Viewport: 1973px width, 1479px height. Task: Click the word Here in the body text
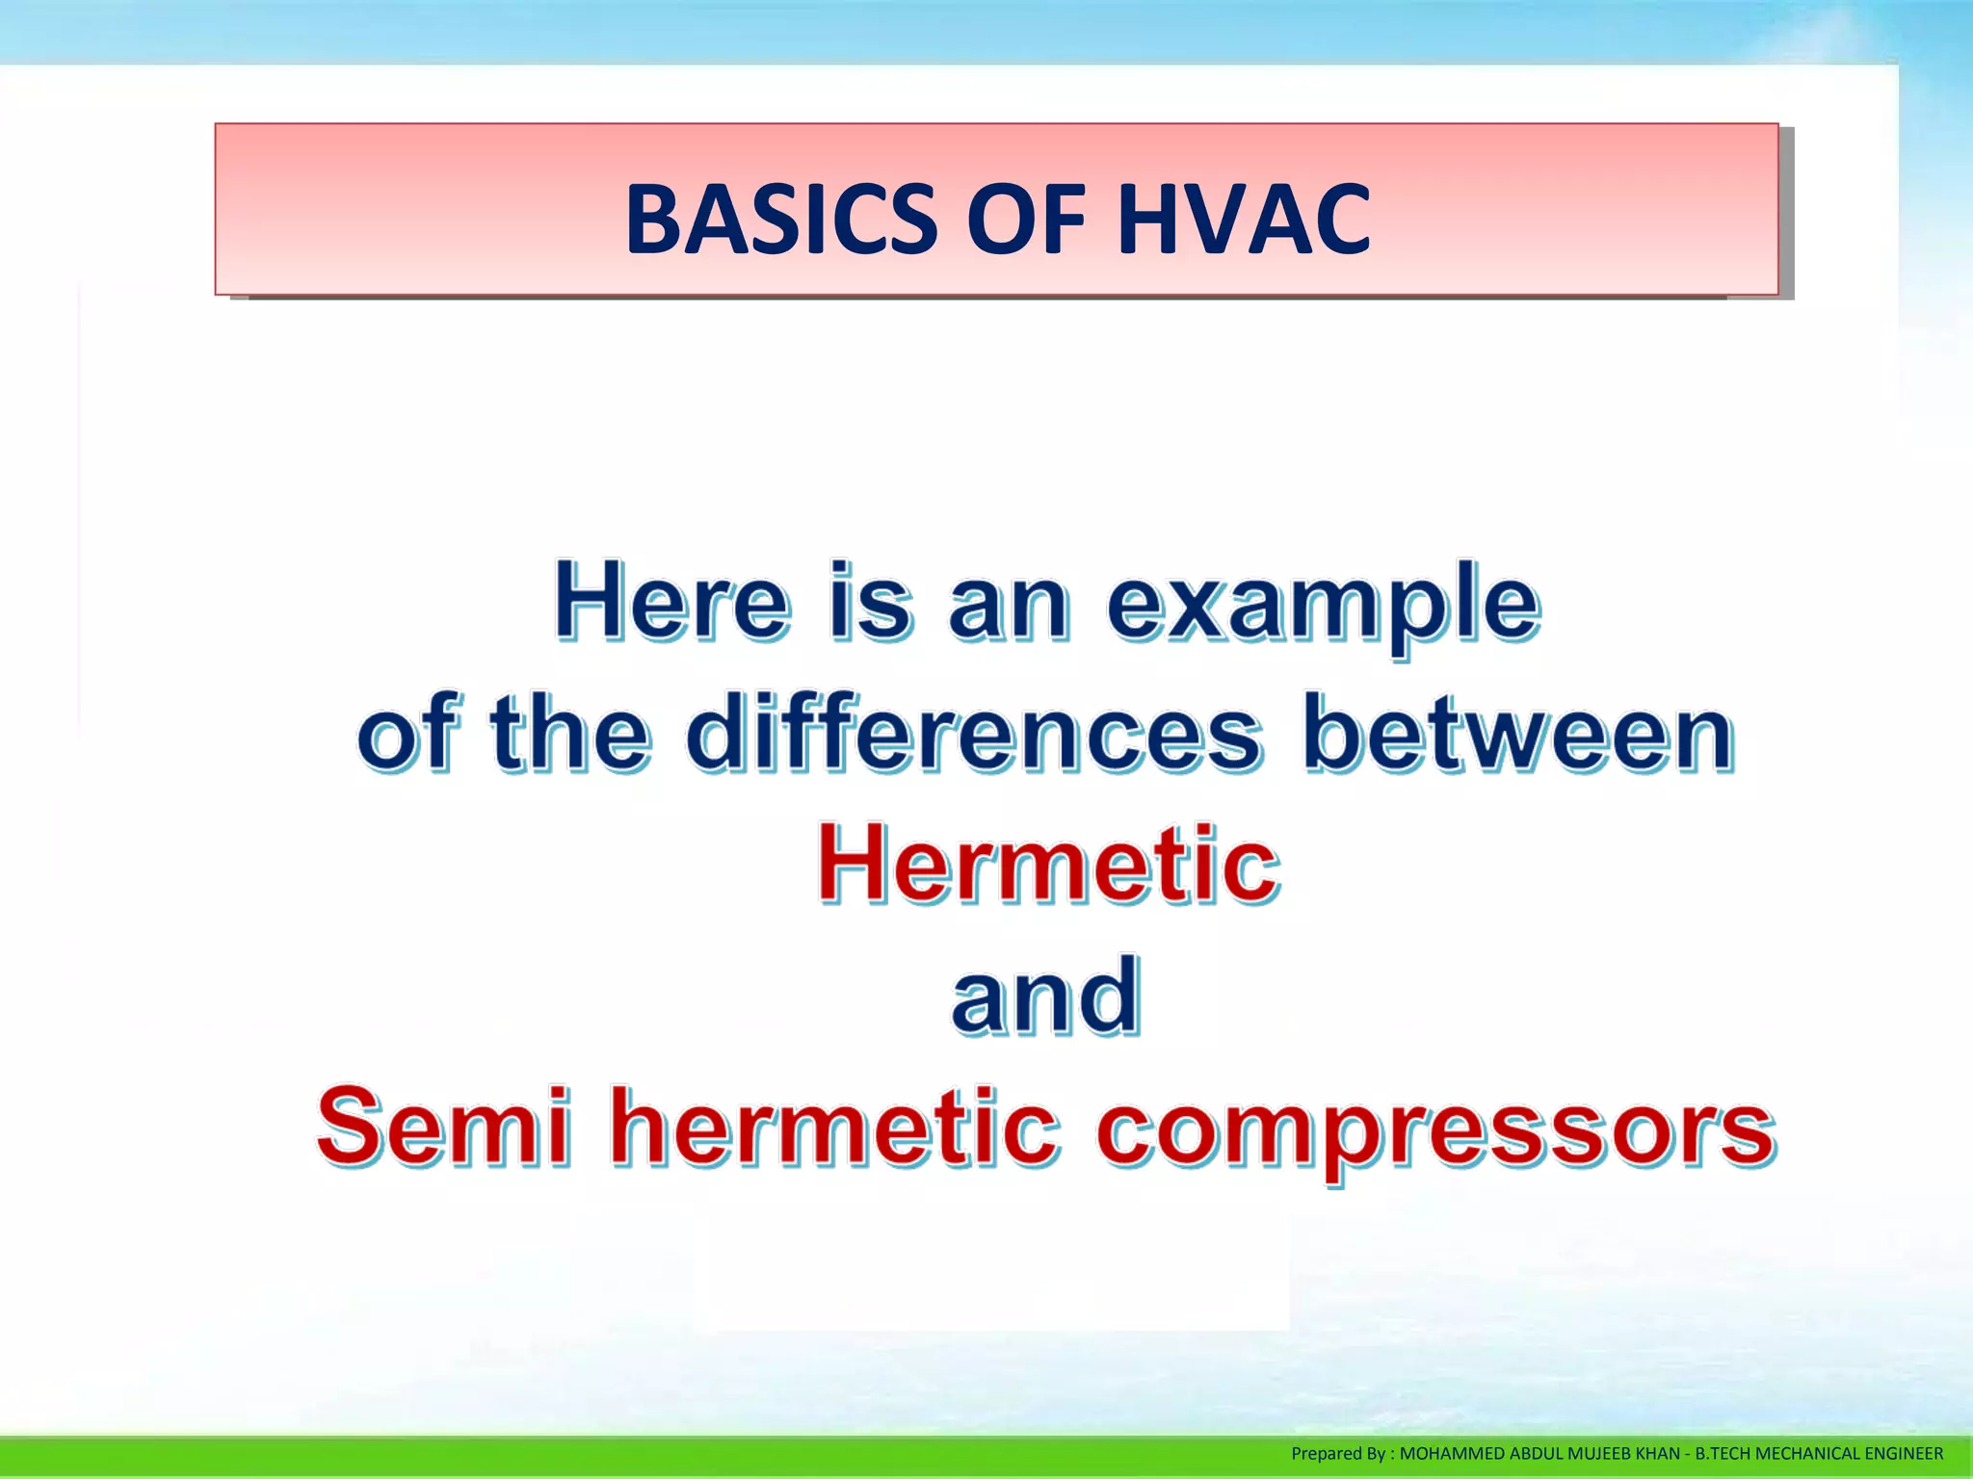671,604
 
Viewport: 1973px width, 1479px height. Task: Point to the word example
1323,607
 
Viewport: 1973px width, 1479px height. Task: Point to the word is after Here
870,604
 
